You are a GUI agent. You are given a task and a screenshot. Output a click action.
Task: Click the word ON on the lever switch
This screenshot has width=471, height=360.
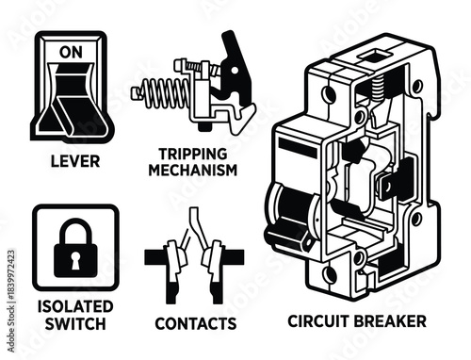(72, 53)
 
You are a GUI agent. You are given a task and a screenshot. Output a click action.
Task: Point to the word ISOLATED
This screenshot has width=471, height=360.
(75, 307)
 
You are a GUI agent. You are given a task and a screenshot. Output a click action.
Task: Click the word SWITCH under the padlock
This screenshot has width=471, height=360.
(75, 324)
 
